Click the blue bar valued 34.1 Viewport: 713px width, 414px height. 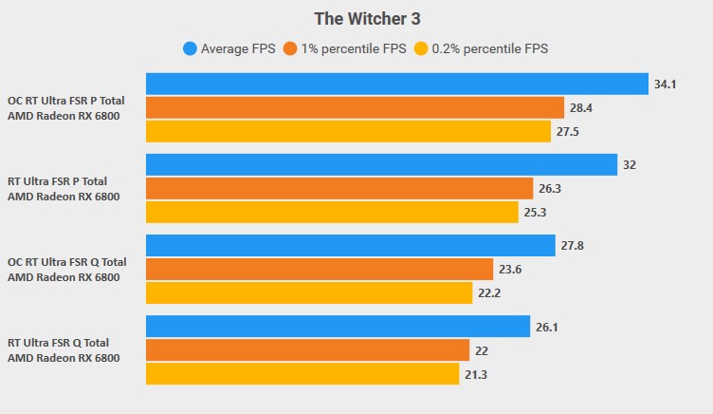coord(396,85)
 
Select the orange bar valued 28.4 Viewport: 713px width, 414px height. coord(355,108)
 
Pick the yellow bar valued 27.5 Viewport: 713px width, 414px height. coord(348,131)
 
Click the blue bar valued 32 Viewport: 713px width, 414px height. coord(381,165)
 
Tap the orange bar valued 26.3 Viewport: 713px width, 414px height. coord(339,189)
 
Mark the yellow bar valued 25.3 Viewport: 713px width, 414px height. coord(332,212)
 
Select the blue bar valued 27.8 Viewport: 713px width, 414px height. coord(350,246)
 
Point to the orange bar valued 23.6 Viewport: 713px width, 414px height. coord(320,270)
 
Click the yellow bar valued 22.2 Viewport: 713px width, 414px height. coord(309,292)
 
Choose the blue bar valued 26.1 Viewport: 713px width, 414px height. coord(338,327)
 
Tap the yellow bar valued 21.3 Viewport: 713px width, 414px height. coord(302,373)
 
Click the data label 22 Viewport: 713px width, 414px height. coord(481,350)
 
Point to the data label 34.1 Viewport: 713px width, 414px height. coord(665,85)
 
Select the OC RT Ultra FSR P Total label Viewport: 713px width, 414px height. coord(66,101)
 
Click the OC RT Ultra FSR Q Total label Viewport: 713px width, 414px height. coord(66,262)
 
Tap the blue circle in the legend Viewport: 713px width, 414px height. coord(191,47)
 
